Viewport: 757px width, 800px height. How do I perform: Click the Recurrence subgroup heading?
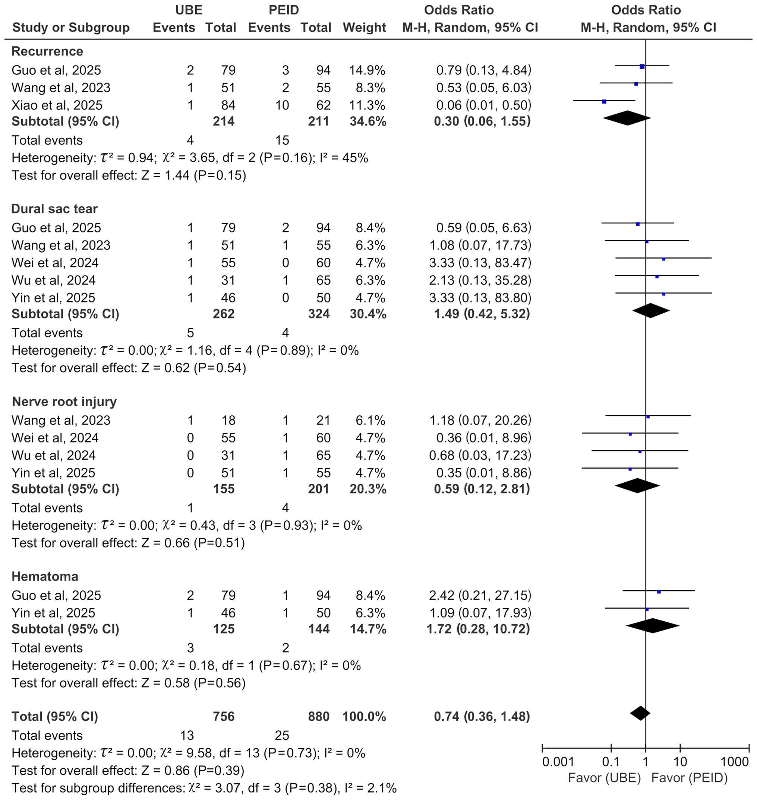(x=47, y=51)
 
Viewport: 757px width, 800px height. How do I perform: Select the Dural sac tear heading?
(x=54, y=209)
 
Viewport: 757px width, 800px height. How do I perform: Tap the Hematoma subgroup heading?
(x=45, y=577)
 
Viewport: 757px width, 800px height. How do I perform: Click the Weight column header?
(x=365, y=28)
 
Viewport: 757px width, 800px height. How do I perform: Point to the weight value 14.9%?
(x=367, y=70)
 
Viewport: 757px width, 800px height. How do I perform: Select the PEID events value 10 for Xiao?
(x=282, y=105)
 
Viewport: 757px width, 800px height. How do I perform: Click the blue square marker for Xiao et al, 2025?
(x=604, y=102)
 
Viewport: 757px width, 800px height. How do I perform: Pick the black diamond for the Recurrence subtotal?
(x=627, y=118)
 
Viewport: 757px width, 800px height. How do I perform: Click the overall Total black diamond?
(x=640, y=713)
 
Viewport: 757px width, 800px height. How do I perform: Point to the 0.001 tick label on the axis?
(x=558, y=762)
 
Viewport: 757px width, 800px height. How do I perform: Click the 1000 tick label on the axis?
(x=734, y=762)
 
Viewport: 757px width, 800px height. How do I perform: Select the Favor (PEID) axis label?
(x=690, y=778)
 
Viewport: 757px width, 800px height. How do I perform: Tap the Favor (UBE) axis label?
(x=605, y=778)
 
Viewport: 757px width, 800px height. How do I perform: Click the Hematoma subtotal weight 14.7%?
(x=368, y=629)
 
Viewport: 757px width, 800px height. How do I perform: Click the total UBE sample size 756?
(x=224, y=717)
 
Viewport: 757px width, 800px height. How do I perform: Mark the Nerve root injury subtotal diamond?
(x=637, y=486)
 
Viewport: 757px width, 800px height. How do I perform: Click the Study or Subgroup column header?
(x=71, y=28)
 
